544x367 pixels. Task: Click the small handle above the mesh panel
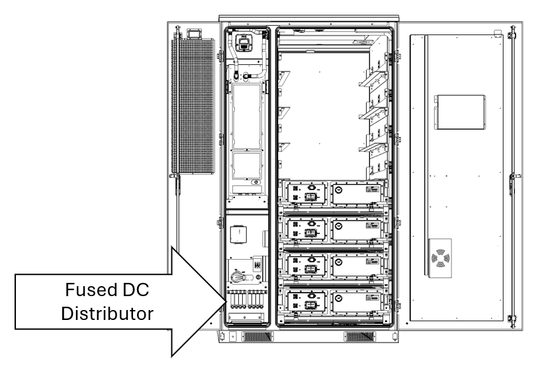point(195,33)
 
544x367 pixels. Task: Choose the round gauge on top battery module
point(339,189)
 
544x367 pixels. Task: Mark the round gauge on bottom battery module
point(339,298)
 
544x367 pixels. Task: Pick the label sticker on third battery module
point(374,260)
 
